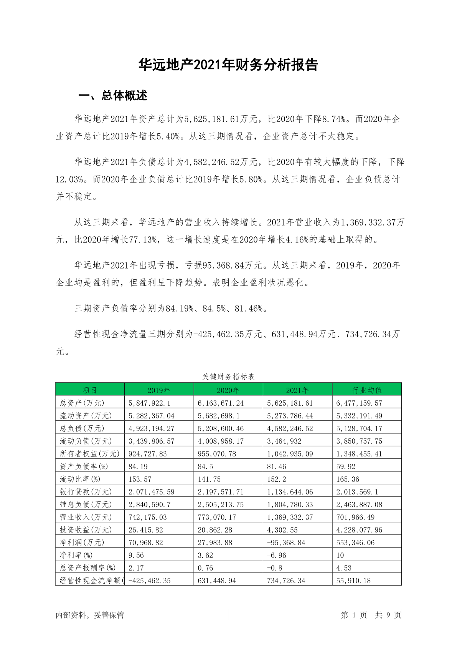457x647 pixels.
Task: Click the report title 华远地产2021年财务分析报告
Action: pyautogui.click(x=228, y=65)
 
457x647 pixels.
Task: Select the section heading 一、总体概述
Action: pyautogui.click(x=113, y=96)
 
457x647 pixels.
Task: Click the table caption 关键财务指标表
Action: pyautogui.click(x=228, y=377)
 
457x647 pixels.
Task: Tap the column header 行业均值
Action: pyautogui.click(x=367, y=390)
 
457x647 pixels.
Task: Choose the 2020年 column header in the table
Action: pyautogui.click(x=228, y=390)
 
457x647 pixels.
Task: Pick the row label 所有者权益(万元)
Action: pyautogui.click(x=89, y=454)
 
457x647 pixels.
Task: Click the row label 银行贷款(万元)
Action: pyautogui.click(x=86, y=492)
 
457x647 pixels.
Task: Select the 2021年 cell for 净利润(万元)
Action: pyautogui.click(x=286, y=542)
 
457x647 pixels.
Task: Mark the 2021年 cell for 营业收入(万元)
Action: pyautogui.click(x=290, y=517)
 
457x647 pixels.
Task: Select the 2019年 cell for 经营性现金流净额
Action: pyautogui.click(x=149, y=581)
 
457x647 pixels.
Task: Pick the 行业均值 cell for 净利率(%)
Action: pyautogui.click(x=340, y=555)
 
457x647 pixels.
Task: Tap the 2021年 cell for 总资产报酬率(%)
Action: pyautogui.click(x=274, y=568)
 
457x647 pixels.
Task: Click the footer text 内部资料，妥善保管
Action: pyautogui.click(x=90, y=615)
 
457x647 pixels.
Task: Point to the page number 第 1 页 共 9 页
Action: pyautogui.click(x=371, y=615)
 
